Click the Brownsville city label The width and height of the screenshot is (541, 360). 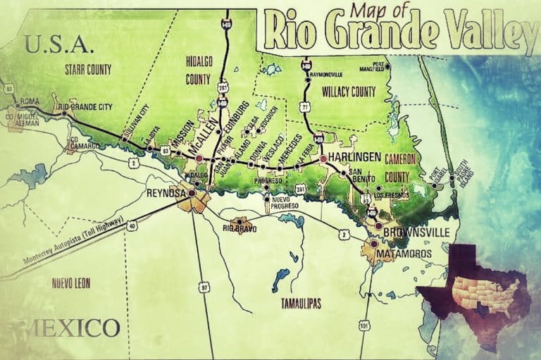coord(422,229)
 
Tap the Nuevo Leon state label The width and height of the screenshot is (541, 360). coord(73,283)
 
